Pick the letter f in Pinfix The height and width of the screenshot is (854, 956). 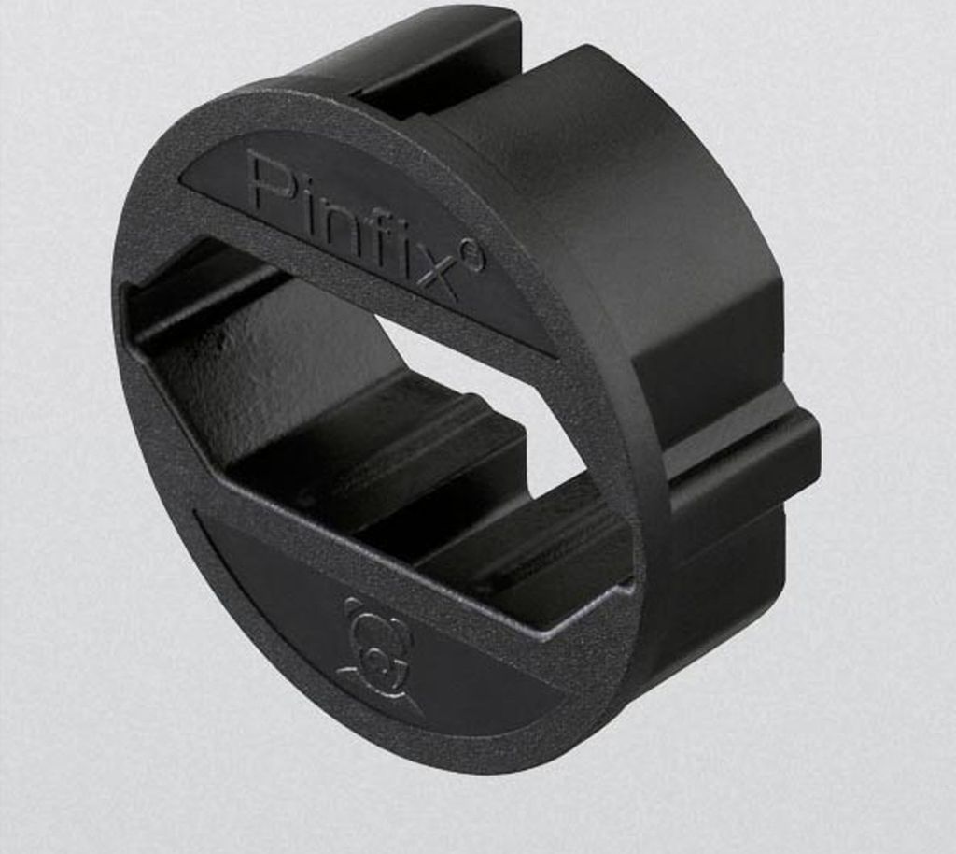coord(383,235)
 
